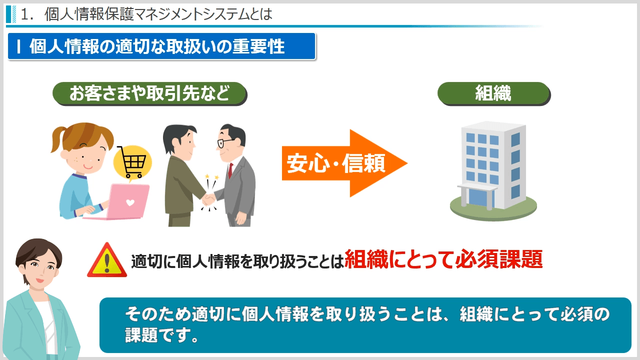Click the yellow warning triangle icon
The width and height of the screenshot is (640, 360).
[x=107, y=260]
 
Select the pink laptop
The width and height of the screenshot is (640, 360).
[x=120, y=201]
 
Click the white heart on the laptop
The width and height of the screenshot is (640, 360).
[x=130, y=202]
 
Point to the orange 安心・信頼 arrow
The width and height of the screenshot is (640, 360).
[x=344, y=163]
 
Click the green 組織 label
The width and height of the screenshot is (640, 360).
[x=493, y=93]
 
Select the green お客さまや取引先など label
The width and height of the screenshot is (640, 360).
[x=149, y=93]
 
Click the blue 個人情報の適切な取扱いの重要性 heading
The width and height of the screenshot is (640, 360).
[x=161, y=46]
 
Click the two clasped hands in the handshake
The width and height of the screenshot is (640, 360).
[x=208, y=199]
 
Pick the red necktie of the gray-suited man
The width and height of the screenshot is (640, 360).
[x=230, y=170]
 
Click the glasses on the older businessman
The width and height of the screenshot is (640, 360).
[x=225, y=142]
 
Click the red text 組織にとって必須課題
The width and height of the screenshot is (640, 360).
[x=443, y=259]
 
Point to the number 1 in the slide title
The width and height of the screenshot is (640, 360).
[x=25, y=14]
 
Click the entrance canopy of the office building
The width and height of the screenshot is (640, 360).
[x=477, y=187]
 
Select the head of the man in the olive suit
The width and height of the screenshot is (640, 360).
[x=178, y=141]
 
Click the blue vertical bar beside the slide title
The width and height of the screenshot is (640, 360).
[x=8, y=14]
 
